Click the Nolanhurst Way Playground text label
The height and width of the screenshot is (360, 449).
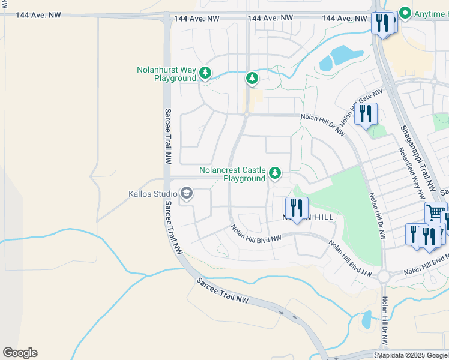coord(167,74)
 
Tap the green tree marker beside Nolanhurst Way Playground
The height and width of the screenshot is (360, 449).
coord(205,73)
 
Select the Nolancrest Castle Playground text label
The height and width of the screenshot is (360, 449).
coord(232,174)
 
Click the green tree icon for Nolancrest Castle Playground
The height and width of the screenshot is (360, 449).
coord(275,173)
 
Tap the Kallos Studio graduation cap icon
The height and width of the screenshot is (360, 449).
coord(186,193)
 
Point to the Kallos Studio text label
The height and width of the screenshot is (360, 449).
coord(152,194)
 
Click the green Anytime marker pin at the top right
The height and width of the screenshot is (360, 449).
coord(405,13)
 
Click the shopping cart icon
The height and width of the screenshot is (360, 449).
coord(436,212)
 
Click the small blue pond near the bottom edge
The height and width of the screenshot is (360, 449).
coord(366,320)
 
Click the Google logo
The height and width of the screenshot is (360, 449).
coord(20,353)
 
